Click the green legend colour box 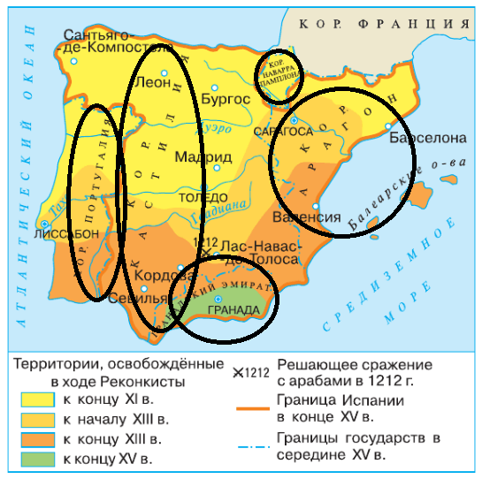[x=34, y=458]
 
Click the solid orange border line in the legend [x=251, y=409]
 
